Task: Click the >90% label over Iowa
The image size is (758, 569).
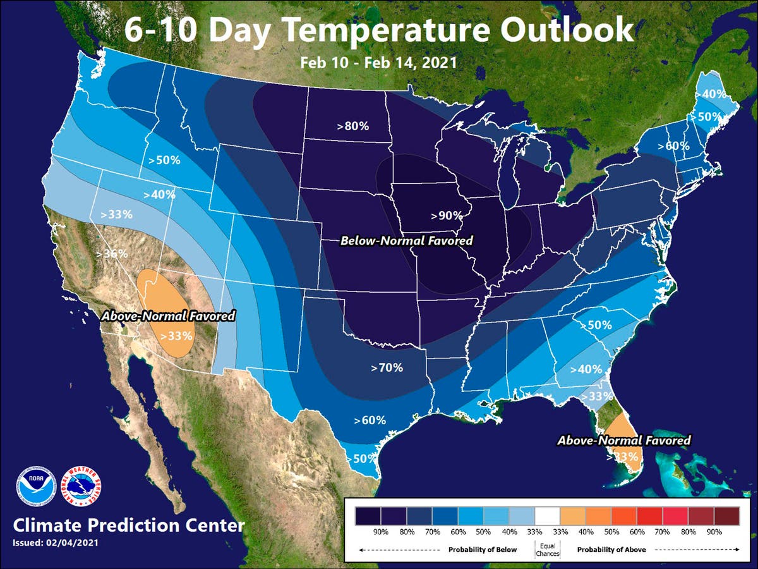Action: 447,216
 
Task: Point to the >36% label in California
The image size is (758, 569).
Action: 112,254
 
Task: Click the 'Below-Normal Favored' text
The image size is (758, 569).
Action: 406,241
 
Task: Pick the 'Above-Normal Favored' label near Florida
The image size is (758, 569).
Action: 623,440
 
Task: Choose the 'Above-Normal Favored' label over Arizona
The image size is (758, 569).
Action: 169,315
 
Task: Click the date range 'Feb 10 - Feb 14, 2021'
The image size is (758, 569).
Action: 378,63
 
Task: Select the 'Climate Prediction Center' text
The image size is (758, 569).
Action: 128,525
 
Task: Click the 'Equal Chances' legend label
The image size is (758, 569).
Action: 547,549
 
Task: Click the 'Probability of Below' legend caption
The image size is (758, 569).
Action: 483,549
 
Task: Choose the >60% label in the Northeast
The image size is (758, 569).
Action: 673,146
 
